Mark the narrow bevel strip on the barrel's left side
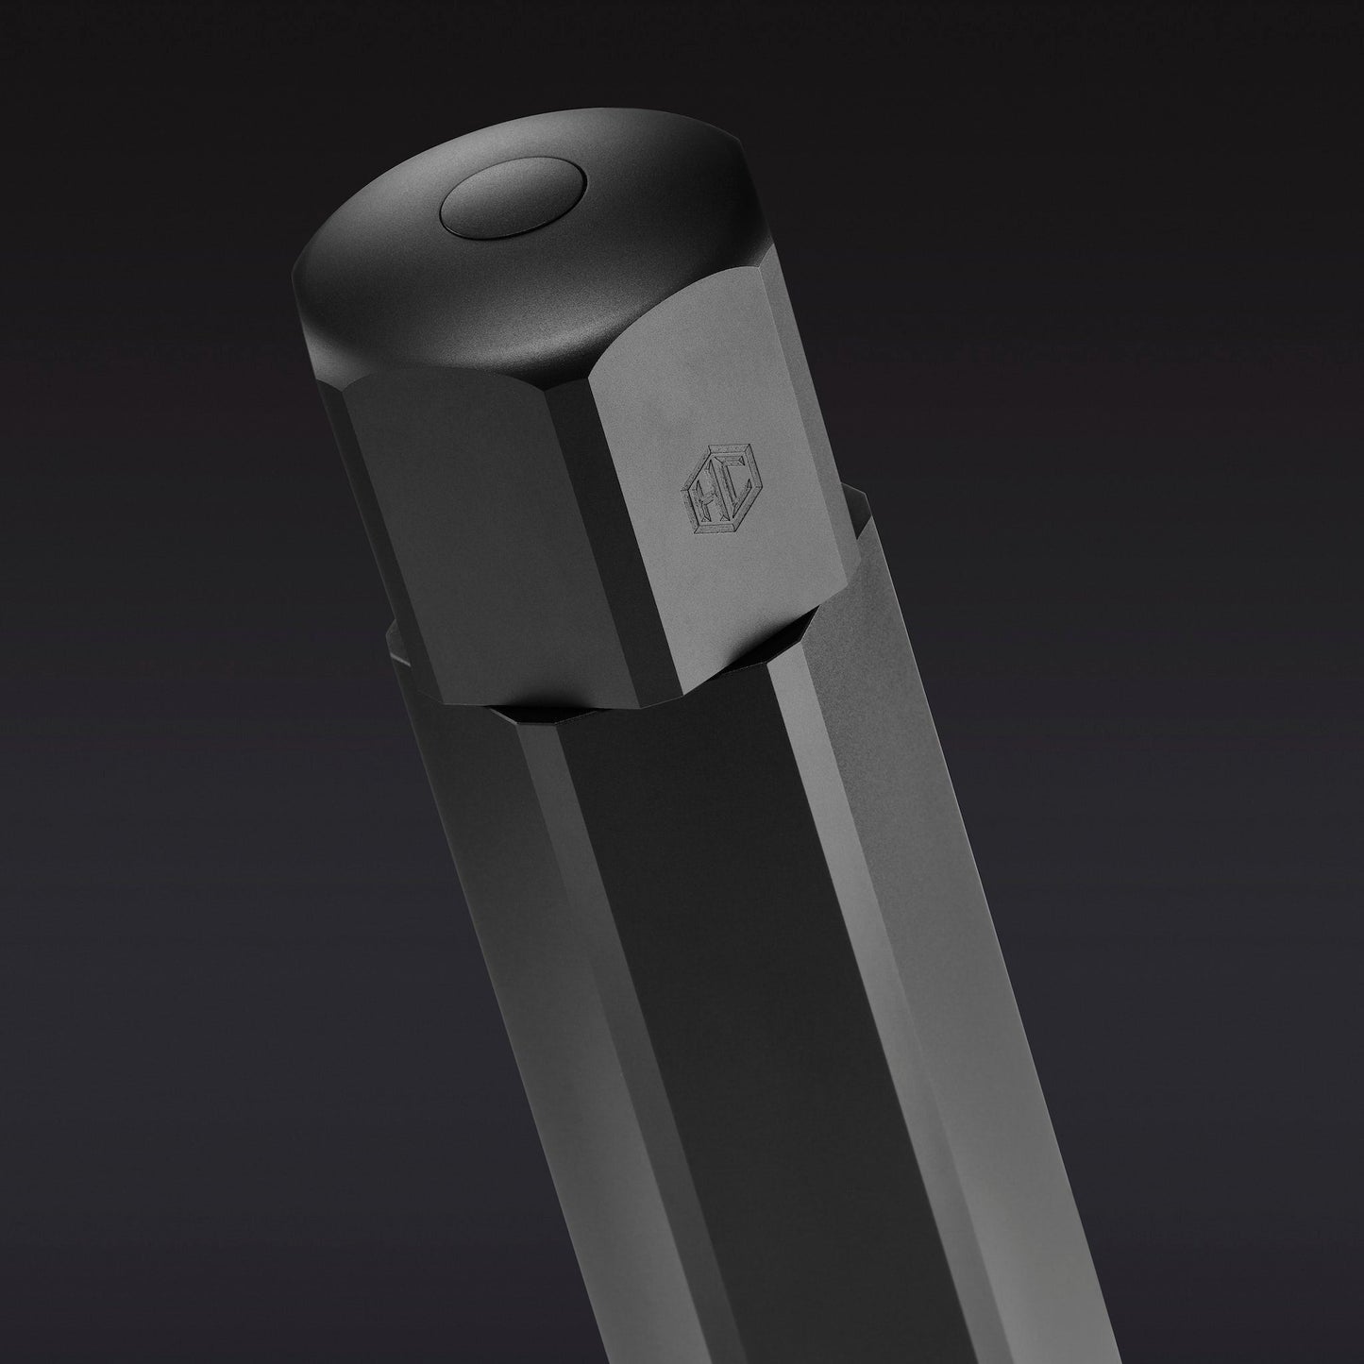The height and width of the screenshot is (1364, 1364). [547, 944]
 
